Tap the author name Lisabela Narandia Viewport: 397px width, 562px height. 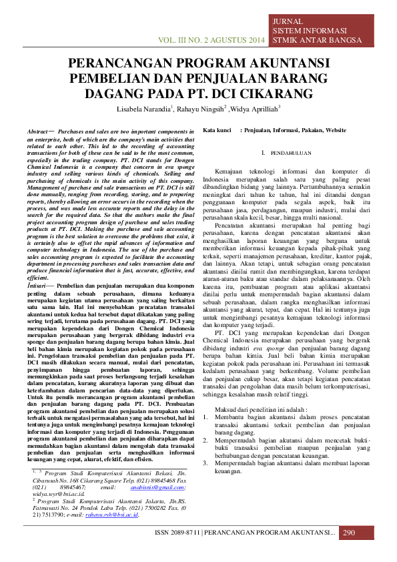(x=143, y=108)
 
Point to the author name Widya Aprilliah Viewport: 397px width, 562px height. (x=257, y=108)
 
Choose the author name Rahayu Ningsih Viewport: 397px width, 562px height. (x=202, y=108)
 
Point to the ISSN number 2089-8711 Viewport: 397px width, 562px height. (x=181, y=533)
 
